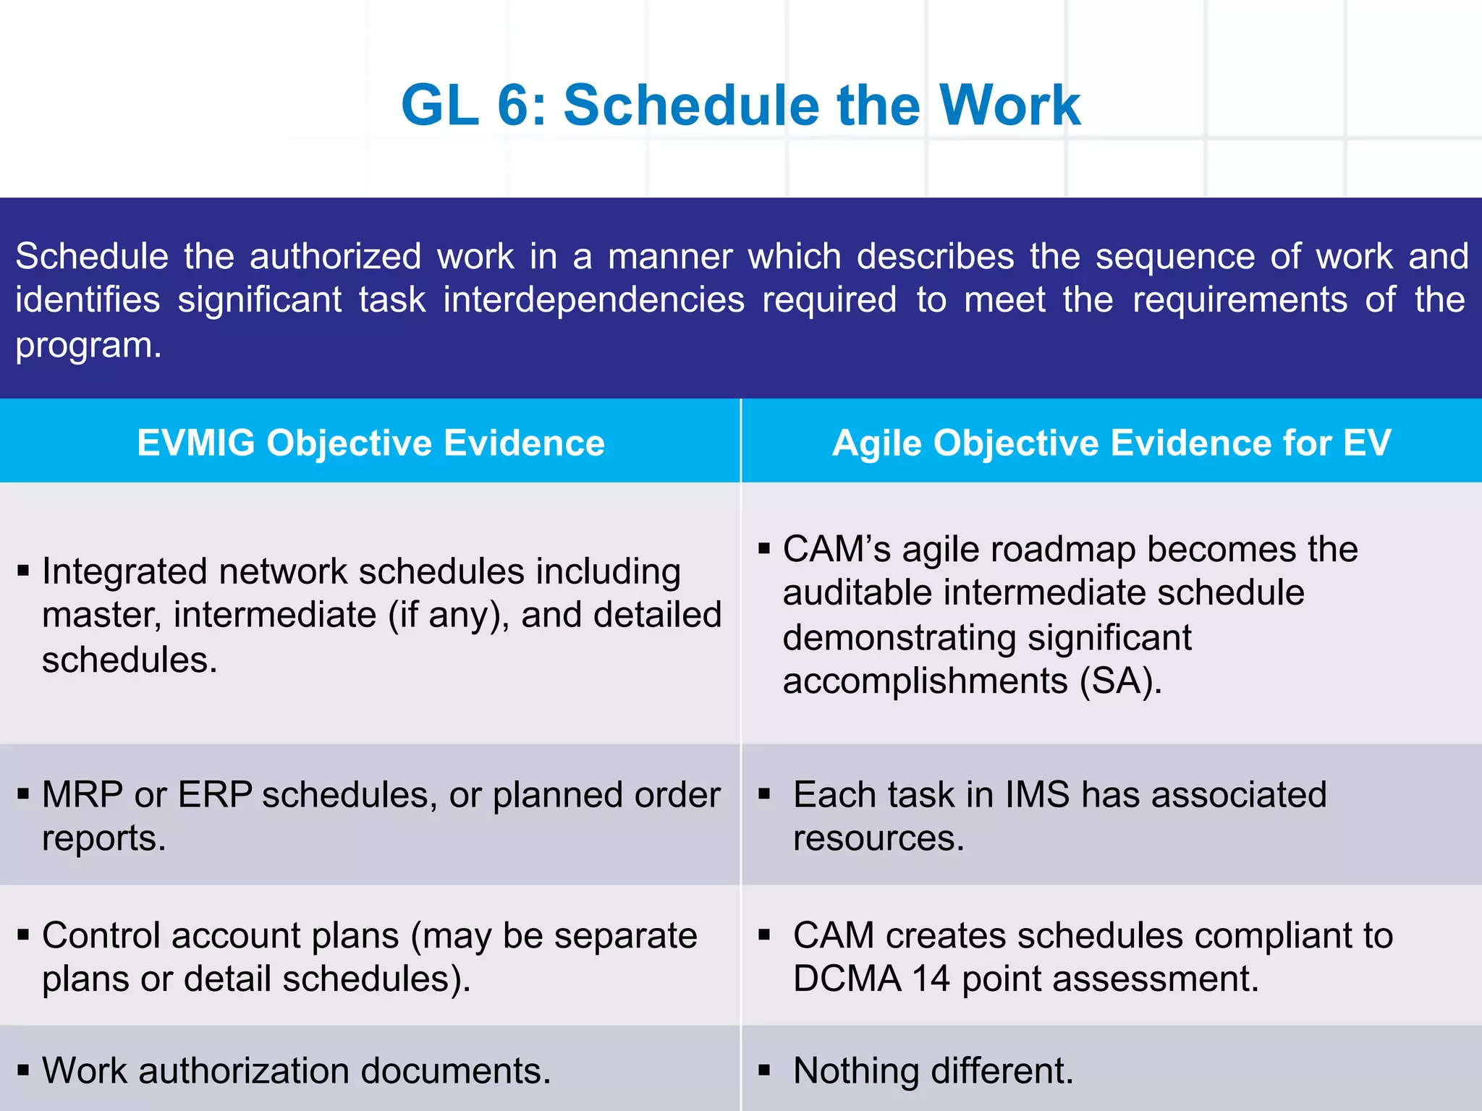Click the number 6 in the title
(x=514, y=106)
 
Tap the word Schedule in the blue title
(x=692, y=106)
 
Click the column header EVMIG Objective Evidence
(x=370, y=443)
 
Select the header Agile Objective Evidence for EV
(x=1111, y=443)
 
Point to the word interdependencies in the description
(x=593, y=300)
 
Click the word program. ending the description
(x=88, y=346)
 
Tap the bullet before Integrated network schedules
(x=23, y=571)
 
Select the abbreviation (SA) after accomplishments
(x=1120, y=681)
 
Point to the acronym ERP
(x=215, y=795)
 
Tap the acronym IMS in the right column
(x=1037, y=795)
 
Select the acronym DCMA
(x=847, y=979)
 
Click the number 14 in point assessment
(x=931, y=979)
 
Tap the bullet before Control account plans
(x=23, y=935)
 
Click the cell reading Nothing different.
(x=933, y=1071)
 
